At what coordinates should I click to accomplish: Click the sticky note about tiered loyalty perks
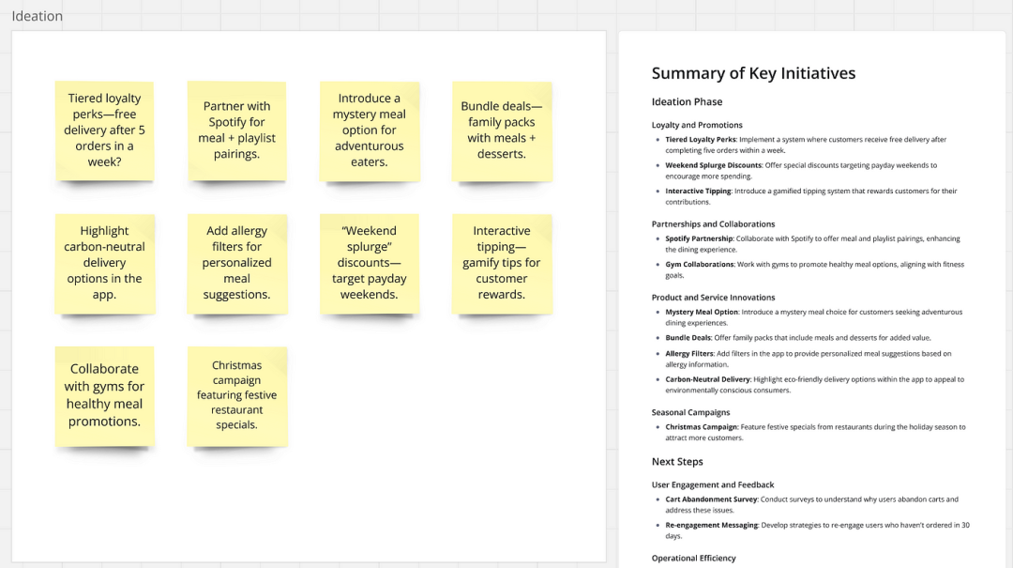click(105, 130)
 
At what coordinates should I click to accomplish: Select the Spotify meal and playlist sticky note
click(237, 130)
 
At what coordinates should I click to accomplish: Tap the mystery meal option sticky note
click(370, 130)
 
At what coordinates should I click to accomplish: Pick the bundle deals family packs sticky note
click(502, 130)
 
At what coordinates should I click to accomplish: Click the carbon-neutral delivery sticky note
click(105, 263)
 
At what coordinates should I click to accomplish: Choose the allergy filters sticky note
click(237, 263)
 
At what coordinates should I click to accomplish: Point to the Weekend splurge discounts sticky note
click(370, 263)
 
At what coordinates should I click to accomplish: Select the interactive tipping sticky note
click(502, 263)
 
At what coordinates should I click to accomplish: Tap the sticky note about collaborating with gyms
click(105, 396)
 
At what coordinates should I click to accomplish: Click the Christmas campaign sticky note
click(237, 396)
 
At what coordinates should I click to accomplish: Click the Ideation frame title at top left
click(37, 16)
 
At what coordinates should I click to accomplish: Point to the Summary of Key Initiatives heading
click(753, 73)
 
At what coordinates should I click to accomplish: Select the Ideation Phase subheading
click(687, 101)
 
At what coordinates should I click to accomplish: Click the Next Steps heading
click(677, 461)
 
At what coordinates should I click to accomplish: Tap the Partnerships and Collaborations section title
click(713, 223)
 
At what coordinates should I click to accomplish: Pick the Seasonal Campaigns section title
click(690, 412)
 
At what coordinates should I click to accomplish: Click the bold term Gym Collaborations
click(700, 265)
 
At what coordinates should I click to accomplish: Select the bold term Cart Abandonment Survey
click(711, 499)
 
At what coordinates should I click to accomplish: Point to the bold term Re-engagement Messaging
click(711, 526)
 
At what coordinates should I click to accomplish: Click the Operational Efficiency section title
click(694, 558)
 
